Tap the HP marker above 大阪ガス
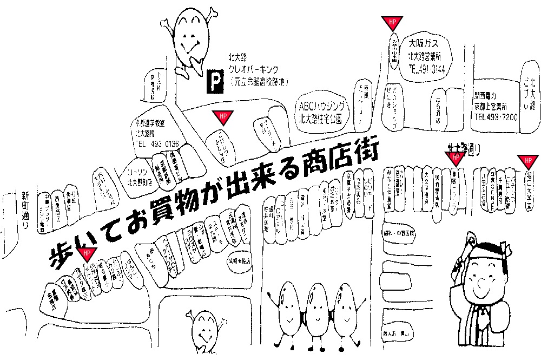392,22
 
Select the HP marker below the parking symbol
222,116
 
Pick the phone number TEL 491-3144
427,69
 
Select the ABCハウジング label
320,106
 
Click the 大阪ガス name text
427,43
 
